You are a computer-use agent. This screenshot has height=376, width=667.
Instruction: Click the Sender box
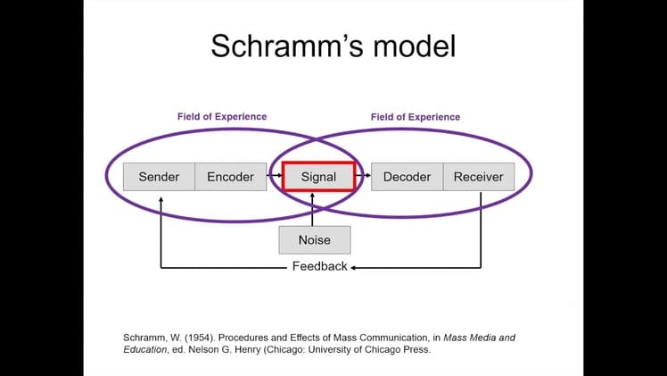159,177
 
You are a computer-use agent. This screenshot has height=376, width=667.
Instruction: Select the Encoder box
230,177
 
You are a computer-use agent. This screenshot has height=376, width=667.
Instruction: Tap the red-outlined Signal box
318,177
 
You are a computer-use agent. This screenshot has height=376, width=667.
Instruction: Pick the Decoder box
407,177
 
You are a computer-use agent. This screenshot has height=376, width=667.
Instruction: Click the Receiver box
478,177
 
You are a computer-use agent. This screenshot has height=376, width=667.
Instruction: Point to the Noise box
314,239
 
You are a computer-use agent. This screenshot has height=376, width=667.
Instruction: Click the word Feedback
319,267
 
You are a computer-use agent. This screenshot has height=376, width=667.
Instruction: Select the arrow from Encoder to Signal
274,177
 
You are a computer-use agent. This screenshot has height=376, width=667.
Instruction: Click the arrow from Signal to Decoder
363,177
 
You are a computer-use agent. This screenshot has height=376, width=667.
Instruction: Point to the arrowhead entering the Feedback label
354,267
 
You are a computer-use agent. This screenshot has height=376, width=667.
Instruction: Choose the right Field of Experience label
416,117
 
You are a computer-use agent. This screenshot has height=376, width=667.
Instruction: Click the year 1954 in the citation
188,338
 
